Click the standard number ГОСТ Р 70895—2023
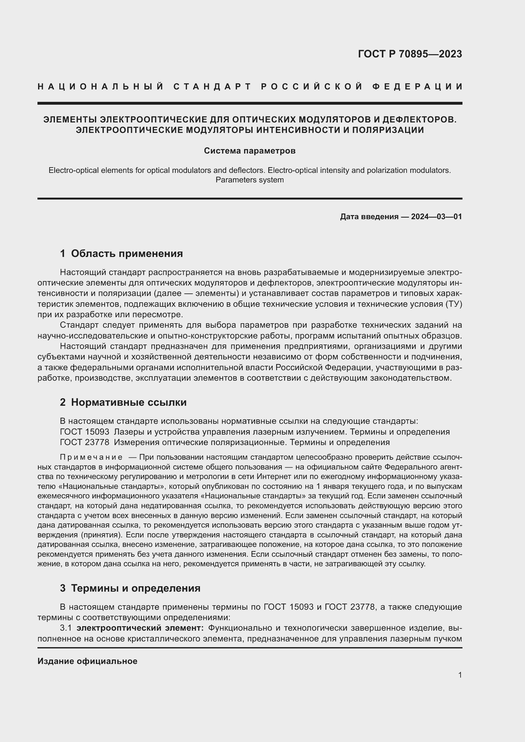[x=409, y=54]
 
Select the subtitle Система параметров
[x=249, y=151]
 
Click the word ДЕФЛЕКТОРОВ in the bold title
[x=419, y=120]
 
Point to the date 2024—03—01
[x=436, y=217]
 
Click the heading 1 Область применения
[x=121, y=254]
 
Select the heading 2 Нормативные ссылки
[x=123, y=402]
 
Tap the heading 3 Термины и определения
[x=130, y=588]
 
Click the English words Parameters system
[x=249, y=180]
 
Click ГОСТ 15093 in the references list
[x=84, y=432]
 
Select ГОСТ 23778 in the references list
[x=84, y=442]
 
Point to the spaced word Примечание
[x=91, y=457]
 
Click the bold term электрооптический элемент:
[x=140, y=628]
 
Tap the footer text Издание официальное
[x=87, y=661]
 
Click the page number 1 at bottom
[x=460, y=675]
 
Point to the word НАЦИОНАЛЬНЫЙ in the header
[x=101, y=87]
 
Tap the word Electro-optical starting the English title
[x=69, y=170]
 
